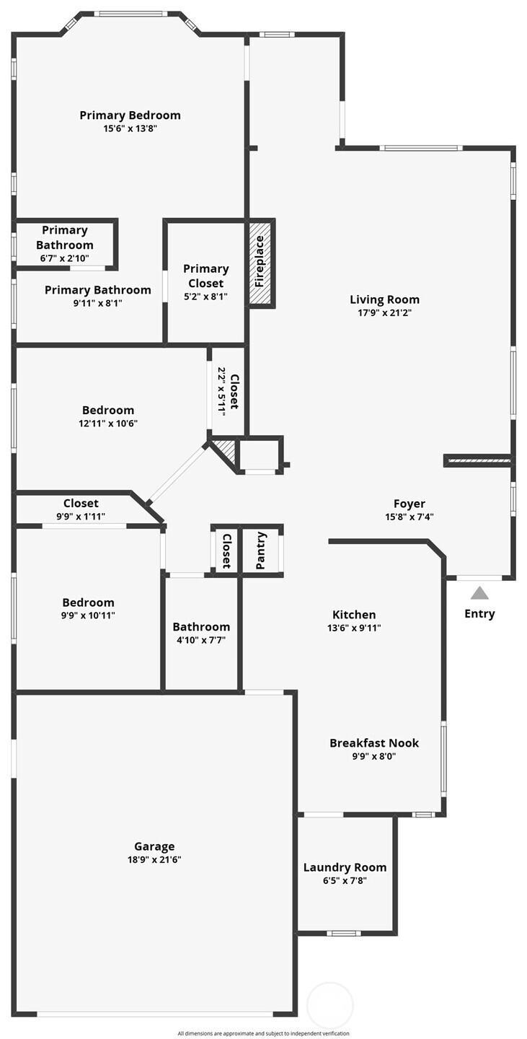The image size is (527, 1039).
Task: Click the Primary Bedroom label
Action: coord(130,115)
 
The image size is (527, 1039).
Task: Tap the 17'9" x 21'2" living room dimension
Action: coord(384,313)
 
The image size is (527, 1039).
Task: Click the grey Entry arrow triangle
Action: coord(479,593)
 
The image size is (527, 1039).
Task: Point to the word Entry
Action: coord(479,614)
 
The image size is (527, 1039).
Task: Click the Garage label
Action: coord(154,846)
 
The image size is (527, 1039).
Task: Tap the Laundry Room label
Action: coord(345,867)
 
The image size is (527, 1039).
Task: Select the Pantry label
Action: coord(261,551)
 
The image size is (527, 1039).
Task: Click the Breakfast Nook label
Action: coord(373,742)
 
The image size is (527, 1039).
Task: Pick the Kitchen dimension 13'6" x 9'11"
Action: coord(353,628)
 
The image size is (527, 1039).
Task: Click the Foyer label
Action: coord(409,504)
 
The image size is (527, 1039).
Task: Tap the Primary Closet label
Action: coord(205,276)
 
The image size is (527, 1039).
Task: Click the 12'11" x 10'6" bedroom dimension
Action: coord(107,424)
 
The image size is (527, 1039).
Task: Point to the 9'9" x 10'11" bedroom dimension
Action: coord(88,615)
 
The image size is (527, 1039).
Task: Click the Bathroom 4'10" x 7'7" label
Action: coord(201,627)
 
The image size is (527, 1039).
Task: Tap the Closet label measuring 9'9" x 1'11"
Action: coord(81,504)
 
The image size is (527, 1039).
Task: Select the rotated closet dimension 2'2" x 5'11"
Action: coord(222,392)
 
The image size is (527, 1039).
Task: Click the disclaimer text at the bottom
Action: coord(263,1033)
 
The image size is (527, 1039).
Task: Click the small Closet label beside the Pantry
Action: coord(226,551)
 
